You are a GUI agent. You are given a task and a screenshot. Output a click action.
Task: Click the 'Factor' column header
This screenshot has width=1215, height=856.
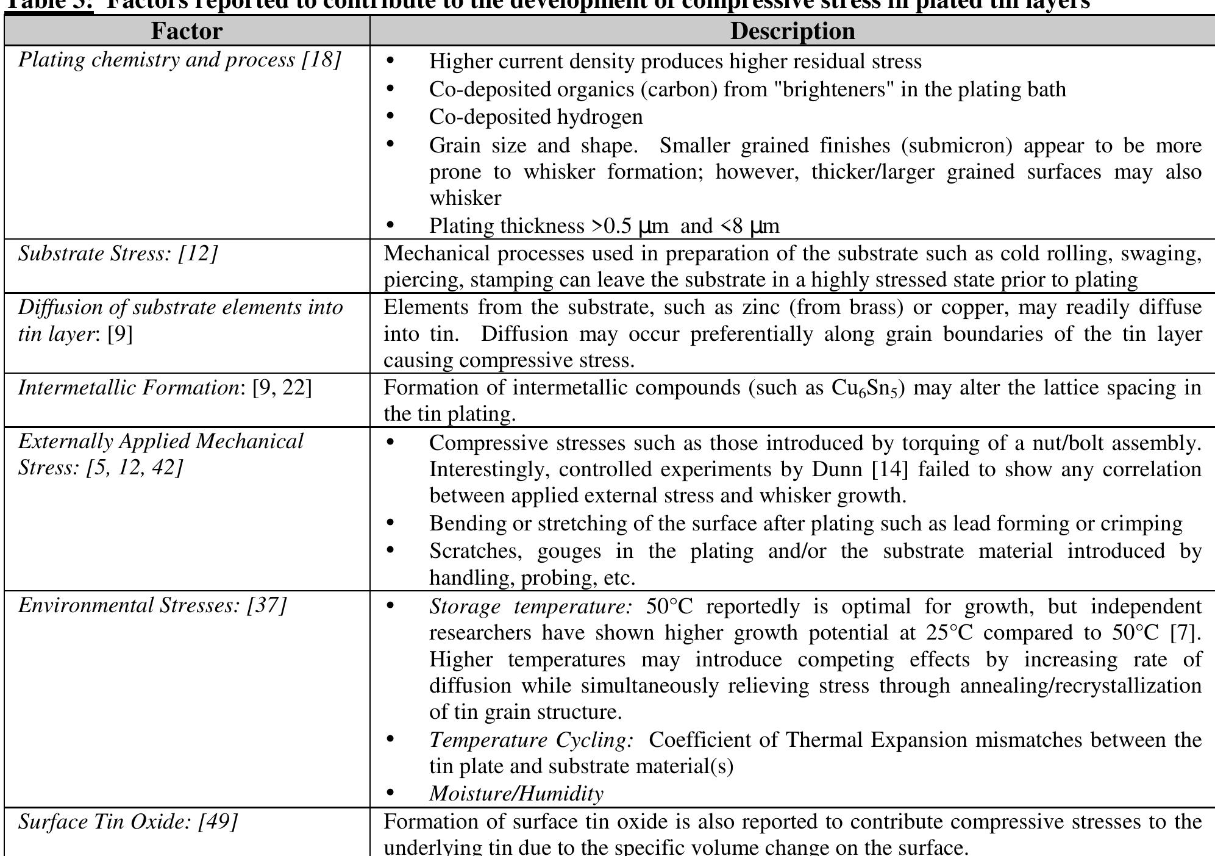click(187, 31)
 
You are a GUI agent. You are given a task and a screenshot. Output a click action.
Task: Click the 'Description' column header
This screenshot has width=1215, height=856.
click(792, 31)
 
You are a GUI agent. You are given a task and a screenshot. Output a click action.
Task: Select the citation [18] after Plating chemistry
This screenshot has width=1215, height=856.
click(321, 60)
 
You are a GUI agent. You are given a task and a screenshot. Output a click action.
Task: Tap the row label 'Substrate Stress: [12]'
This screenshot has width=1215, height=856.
click(118, 254)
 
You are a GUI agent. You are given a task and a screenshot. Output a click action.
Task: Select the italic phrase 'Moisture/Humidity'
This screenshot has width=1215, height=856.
click(516, 793)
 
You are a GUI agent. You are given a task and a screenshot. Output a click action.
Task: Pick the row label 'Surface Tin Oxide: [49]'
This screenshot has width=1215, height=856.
click(128, 822)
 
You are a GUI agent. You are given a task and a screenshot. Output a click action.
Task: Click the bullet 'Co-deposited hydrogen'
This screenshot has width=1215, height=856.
click(536, 116)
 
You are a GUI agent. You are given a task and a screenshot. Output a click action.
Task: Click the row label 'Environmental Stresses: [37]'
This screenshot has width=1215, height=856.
click(152, 605)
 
